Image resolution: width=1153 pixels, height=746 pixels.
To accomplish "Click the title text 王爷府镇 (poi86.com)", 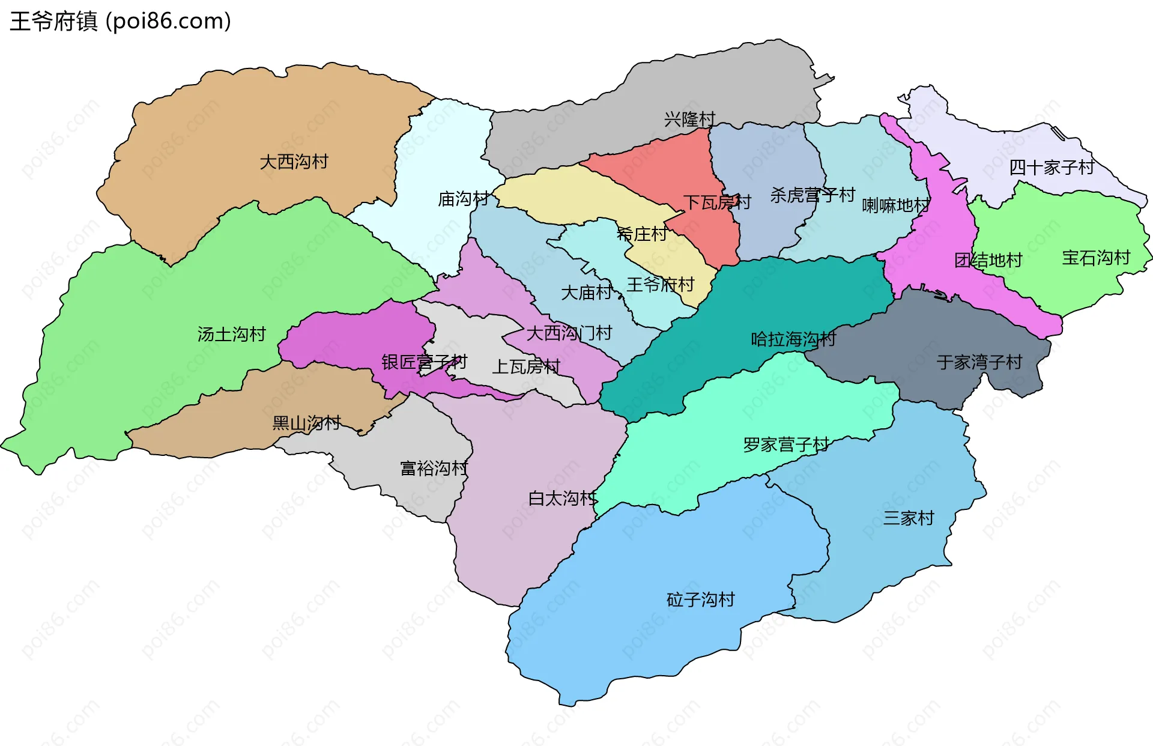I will click(120, 21).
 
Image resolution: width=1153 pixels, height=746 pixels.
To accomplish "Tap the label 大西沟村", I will click(294, 162).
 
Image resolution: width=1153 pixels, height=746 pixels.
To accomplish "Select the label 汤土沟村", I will click(231, 334).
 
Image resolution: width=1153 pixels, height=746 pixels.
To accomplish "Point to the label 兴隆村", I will click(689, 119).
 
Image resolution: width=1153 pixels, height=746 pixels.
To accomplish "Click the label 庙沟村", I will click(463, 199).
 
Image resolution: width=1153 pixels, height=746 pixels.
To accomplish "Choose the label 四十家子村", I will click(1052, 168).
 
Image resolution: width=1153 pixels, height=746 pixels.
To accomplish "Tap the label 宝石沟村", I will click(1095, 258).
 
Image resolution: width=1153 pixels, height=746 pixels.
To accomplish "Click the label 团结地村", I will click(988, 260).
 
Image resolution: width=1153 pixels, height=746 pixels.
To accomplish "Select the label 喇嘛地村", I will click(895, 205).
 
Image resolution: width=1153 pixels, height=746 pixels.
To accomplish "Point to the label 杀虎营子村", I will click(813, 195).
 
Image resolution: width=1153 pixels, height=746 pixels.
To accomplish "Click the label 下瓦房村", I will click(717, 202).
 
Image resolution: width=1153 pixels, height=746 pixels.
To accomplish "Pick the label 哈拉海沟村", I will click(793, 339).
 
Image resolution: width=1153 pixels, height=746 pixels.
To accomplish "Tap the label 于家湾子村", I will click(979, 362).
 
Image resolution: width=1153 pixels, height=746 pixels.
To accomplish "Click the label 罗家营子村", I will click(785, 444).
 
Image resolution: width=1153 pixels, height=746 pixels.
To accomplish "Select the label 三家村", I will click(909, 518).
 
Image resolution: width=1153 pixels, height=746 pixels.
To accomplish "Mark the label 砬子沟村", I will click(700, 599).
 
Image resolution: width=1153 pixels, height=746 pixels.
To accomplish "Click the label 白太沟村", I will click(562, 498).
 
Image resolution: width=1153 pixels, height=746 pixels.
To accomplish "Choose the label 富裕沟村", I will click(434, 468).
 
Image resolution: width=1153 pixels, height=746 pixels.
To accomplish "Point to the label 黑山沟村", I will click(306, 423).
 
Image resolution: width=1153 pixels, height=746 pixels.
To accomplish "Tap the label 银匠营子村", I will click(424, 362).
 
